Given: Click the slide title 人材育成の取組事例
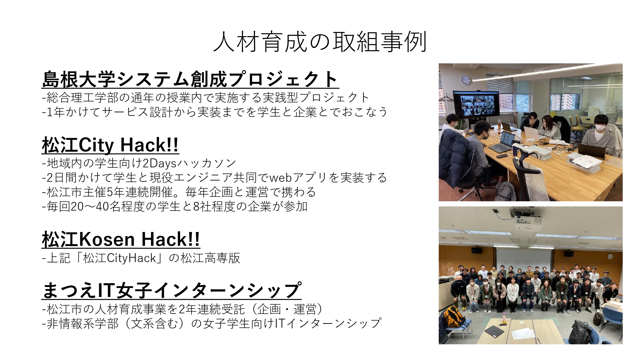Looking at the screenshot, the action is [320, 42].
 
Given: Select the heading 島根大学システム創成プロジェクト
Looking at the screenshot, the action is [190, 79].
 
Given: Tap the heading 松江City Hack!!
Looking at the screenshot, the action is [110, 145].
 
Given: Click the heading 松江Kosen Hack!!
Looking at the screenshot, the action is [121, 239].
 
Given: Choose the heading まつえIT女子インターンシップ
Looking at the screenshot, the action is [172, 290].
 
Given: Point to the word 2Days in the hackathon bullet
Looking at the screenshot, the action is [159, 164].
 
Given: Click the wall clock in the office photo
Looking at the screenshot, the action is [466, 80].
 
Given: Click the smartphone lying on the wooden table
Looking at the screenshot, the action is [501, 156].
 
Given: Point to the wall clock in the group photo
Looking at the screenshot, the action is [610, 256].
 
